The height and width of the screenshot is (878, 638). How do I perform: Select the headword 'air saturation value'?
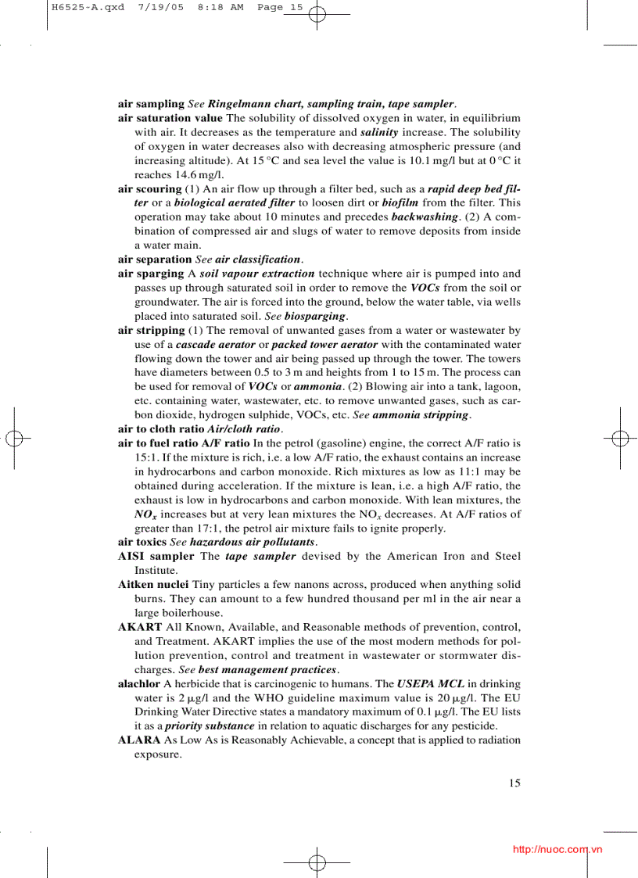[170, 118]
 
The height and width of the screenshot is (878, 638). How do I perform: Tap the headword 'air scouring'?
[149, 189]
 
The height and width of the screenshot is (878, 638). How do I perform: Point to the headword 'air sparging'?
[151, 274]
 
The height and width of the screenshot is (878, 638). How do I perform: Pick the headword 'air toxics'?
[142, 541]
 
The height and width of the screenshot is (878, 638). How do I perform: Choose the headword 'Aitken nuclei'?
[153, 584]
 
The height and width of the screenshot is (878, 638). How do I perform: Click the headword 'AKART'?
[140, 627]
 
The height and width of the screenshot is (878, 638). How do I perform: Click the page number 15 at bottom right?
[514, 783]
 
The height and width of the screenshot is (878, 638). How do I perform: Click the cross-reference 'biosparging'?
[314, 316]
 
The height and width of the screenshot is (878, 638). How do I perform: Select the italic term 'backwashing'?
[424, 217]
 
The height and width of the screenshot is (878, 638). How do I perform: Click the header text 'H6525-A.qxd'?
[77, 7]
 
